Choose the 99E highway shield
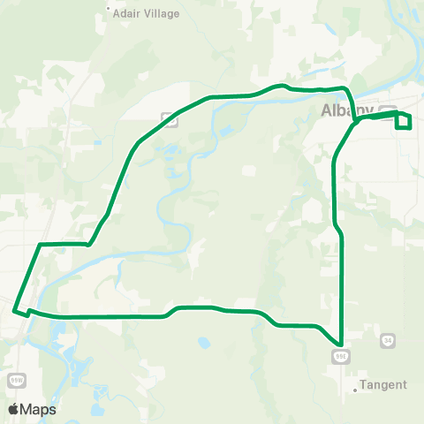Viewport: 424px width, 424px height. click(341, 355)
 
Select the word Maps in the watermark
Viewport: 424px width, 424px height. click(39, 409)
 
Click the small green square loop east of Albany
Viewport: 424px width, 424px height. click(404, 121)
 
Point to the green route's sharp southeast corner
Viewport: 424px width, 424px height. click(340, 344)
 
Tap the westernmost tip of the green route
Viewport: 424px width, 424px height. click(14, 309)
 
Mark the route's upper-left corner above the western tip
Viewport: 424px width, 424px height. click(41, 244)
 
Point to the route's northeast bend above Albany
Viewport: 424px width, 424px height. click(347, 90)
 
